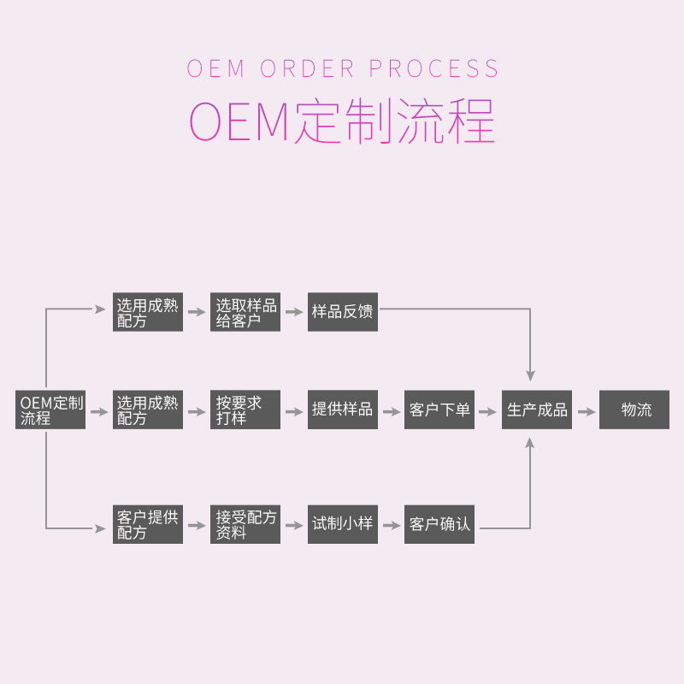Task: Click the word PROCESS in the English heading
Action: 434,68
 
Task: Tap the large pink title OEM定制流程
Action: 342,122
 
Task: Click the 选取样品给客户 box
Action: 246,313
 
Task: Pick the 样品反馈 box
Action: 343,313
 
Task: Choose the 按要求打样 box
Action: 246,410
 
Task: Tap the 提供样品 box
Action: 343,410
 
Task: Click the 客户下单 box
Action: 439,410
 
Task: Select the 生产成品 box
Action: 537,410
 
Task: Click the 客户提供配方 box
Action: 148,525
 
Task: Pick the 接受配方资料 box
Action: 246,525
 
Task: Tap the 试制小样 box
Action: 343,525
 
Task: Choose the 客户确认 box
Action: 439,525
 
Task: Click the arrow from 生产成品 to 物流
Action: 586,411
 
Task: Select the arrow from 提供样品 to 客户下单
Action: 391,411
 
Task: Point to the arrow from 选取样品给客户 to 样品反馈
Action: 294,313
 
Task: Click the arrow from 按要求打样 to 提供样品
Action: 294,411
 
